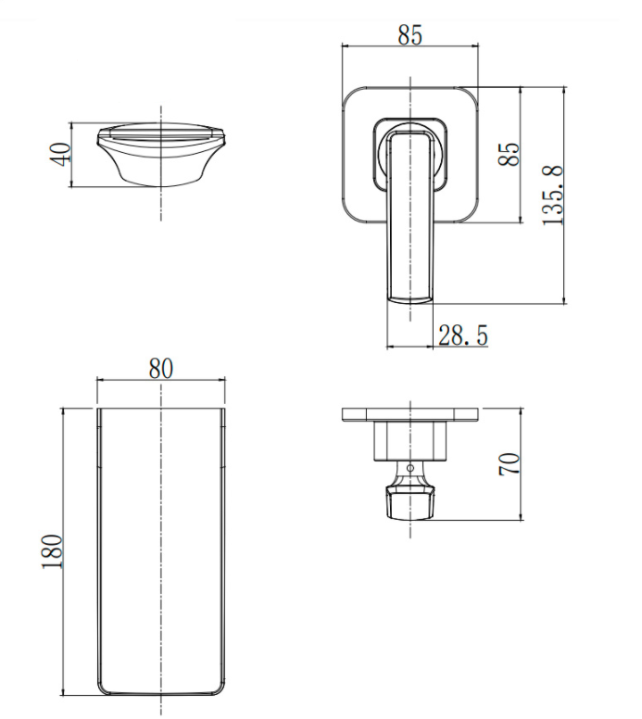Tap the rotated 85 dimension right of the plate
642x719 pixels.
(x=509, y=154)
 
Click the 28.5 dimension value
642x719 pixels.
(x=462, y=334)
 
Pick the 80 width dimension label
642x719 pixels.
(x=161, y=368)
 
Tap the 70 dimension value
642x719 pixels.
(x=509, y=464)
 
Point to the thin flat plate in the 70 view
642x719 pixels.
(x=410, y=414)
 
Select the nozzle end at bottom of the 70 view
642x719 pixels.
(x=409, y=506)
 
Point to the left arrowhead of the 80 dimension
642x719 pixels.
(x=100, y=380)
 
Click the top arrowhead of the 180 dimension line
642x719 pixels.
(x=62, y=409)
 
